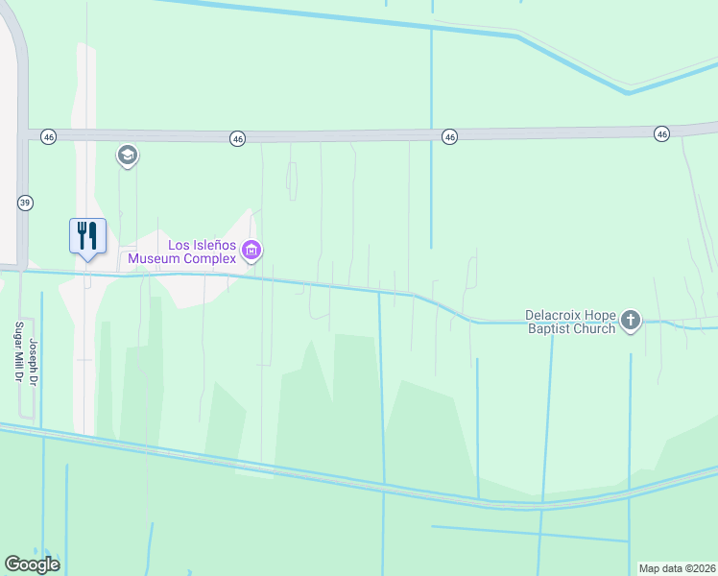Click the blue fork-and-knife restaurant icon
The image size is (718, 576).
coord(87,234)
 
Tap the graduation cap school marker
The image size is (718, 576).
coord(128,156)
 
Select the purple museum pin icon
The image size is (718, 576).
coord(252,252)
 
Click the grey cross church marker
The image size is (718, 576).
coord(630,321)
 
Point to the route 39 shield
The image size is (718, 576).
coord(25,203)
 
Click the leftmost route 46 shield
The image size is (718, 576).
coord(48,137)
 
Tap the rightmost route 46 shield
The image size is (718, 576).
coord(661,133)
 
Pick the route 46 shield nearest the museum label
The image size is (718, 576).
coord(237,139)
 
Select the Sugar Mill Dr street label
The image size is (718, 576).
coord(17,353)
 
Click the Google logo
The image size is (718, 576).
coord(32,564)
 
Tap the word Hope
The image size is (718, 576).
coord(599,314)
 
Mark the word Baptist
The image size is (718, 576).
coord(548,328)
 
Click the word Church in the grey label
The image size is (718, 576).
coord(593,328)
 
